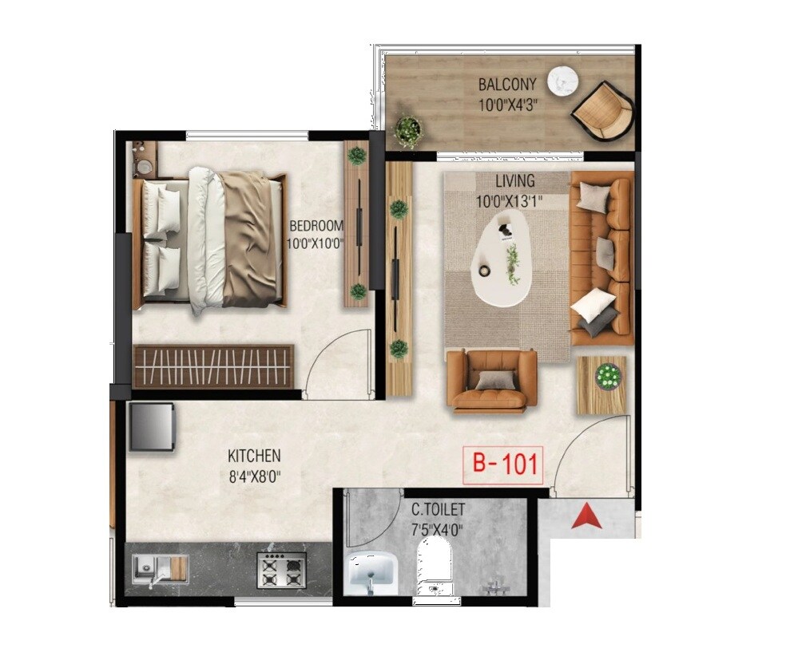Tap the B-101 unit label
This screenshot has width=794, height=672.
[x=503, y=464]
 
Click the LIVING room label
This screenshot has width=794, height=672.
[x=514, y=182]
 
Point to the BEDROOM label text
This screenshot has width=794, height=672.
[x=316, y=225]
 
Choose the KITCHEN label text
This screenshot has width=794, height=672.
[x=254, y=456]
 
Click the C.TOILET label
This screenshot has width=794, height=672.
[x=438, y=508]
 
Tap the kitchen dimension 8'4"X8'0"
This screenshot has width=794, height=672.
[x=254, y=476]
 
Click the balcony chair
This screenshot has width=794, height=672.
[x=605, y=112]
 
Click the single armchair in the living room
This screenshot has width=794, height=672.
[x=490, y=380]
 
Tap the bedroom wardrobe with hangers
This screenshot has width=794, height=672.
[x=213, y=366]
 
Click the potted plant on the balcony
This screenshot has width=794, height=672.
[x=408, y=130]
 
